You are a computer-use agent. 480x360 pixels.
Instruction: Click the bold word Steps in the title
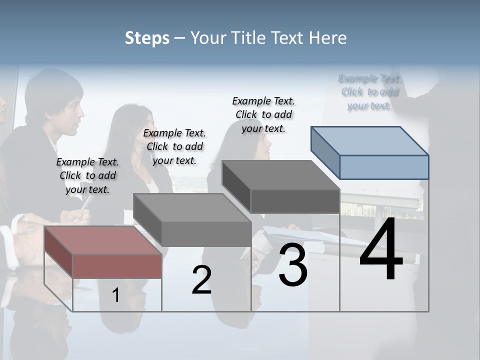[x=146, y=38]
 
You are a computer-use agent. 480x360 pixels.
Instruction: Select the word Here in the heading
[x=328, y=38]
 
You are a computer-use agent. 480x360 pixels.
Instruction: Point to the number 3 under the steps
[x=293, y=265]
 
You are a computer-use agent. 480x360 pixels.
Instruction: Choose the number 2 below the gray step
[x=201, y=280]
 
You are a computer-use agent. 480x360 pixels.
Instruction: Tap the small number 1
[x=115, y=295]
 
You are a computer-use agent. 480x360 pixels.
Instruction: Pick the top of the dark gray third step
[x=280, y=175]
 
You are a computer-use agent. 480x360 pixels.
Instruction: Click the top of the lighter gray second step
[x=192, y=207]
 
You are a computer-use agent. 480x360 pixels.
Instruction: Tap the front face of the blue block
[x=384, y=167]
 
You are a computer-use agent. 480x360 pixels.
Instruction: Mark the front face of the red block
[x=117, y=266]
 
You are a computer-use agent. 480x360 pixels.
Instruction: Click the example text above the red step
[x=87, y=175]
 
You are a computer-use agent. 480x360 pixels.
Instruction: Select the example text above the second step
[x=174, y=146]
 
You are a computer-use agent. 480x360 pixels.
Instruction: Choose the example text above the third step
[x=263, y=114]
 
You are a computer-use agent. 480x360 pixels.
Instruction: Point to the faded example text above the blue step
[x=369, y=92]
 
